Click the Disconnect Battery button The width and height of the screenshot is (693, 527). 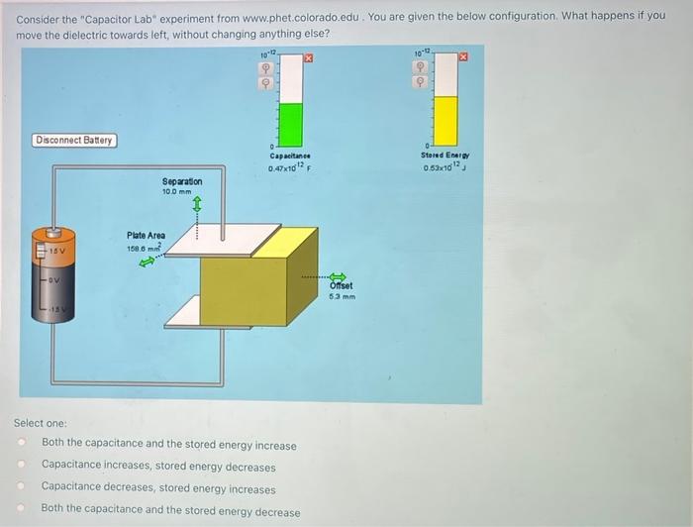click(74, 141)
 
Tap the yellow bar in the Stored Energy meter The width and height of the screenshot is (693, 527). click(447, 119)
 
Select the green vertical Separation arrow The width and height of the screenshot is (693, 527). click(196, 205)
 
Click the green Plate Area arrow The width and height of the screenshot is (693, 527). click(148, 263)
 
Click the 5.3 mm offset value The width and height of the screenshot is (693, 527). click(342, 296)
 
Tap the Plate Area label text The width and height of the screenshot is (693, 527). click(146, 236)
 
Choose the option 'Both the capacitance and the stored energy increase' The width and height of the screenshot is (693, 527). click(168, 445)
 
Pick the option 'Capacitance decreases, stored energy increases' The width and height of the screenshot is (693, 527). click(158, 488)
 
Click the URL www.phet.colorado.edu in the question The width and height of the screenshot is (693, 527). click(301, 16)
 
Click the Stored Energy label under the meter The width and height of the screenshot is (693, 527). click(445, 155)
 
